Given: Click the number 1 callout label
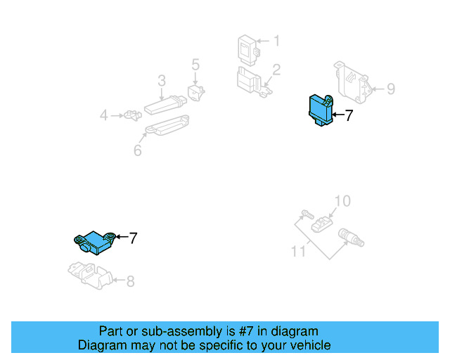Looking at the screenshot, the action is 276,41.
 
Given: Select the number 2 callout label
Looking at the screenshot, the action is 276,70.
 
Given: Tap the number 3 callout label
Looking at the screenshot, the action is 162,81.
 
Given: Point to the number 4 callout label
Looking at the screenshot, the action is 103,115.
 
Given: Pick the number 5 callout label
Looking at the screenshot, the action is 195,65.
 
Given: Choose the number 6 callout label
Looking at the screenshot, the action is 138,150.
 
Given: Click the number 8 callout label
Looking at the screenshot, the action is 131,281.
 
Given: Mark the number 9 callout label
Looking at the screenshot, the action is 391,89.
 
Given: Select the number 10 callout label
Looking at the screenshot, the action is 342,201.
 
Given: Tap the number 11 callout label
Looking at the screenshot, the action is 298,251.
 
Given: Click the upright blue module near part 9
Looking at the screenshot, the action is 321,110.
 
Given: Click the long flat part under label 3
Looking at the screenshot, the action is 165,105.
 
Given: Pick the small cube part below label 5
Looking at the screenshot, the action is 196,92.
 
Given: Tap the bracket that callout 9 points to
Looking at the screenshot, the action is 353,83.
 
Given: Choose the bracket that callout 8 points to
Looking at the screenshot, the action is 91,276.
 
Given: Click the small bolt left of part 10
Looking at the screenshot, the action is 307,214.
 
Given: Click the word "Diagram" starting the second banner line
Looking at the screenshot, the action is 102,345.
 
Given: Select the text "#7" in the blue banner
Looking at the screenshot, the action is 246,331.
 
